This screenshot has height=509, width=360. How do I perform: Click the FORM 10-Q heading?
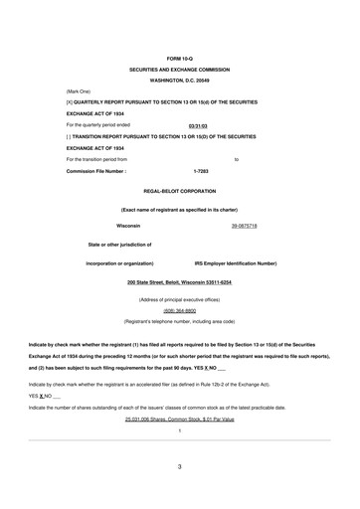pyautogui.click(x=179, y=59)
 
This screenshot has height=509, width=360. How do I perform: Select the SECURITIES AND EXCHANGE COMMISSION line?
pyautogui.click(x=179, y=70)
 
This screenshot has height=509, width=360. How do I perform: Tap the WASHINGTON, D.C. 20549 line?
pyautogui.click(x=179, y=81)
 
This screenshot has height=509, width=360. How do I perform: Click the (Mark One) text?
pyautogui.click(x=79, y=91)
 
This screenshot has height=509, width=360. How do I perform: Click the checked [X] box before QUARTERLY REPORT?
pyautogui.click(x=69, y=102)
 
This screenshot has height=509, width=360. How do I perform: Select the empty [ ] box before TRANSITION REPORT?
pyautogui.click(x=69, y=135)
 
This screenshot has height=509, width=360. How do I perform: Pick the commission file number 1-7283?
pyautogui.click(x=201, y=170)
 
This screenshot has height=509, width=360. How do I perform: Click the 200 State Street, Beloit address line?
pyautogui.click(x=179, y=281)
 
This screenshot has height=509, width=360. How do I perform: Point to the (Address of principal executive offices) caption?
pyautogui.click(x=179, y=299)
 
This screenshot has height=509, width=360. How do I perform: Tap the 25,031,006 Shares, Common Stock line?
pyautogui.click(x=179, y=447)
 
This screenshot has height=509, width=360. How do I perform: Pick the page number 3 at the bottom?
pyautogui.click(x=179, y=493)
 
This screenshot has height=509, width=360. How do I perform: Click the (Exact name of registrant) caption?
pyautogui.click(x=179, y=210)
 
